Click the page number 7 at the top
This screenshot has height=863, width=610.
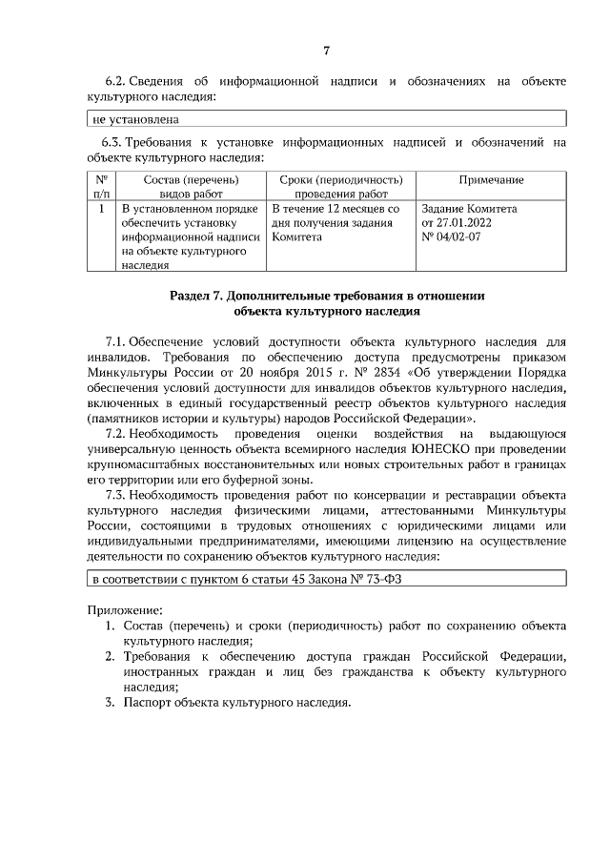click(x=326, y=51)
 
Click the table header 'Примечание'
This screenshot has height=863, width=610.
click(x=491, y=180)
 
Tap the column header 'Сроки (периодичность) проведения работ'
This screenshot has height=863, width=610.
click(x=340, y=186)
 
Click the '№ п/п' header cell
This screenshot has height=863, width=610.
click(x=101, y=186)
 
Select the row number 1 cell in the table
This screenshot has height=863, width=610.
click(x=101, y=208)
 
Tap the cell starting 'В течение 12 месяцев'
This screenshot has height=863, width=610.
click(x=335, y=208)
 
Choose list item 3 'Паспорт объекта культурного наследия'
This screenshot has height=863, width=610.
click(x=234, y=703)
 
